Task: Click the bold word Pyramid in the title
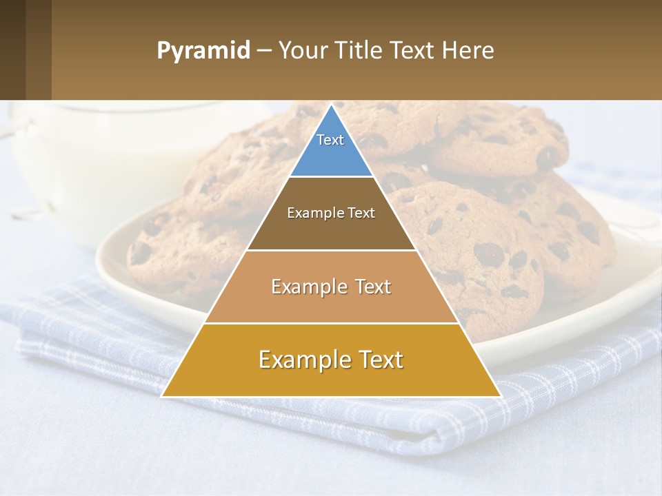pos(203,51)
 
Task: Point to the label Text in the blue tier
pos(330,140)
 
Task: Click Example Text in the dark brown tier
pos(331,213)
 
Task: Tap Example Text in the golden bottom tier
pos(331,360)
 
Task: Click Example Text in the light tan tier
pos(331,287)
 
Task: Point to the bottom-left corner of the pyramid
pos(163,396)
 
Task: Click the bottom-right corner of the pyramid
pos(500,396)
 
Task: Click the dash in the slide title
pos(264,51)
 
